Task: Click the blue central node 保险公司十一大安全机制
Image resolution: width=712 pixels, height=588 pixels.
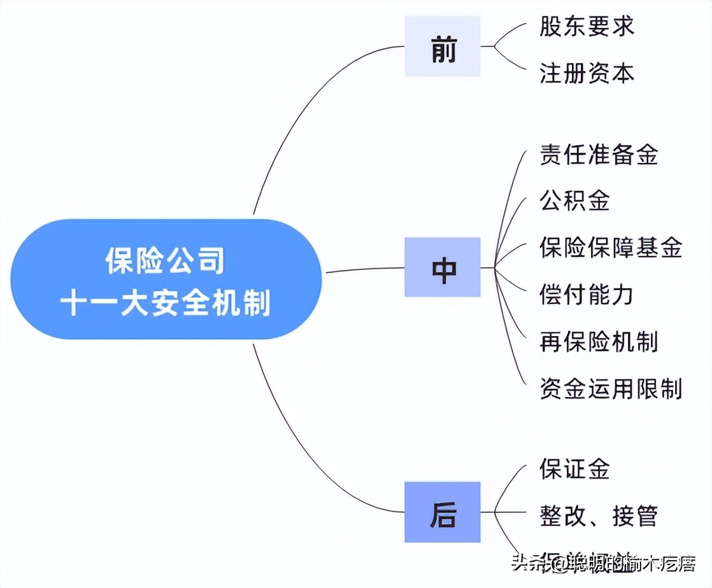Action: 166,279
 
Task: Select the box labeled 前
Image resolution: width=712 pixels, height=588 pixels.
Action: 443,46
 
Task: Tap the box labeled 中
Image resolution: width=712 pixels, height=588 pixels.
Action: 443,267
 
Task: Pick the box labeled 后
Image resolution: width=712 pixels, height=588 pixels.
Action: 443,512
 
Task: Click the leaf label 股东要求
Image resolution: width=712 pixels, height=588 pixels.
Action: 587,27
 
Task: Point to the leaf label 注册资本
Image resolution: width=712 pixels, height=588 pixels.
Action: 587,73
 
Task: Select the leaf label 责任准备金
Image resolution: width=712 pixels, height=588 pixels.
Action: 599,155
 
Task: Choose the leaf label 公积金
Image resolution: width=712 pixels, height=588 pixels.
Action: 574,200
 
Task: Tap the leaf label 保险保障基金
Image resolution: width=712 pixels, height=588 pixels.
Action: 611,247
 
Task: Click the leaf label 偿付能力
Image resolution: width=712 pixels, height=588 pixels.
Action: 587,295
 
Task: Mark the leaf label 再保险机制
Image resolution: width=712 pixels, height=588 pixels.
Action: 599,342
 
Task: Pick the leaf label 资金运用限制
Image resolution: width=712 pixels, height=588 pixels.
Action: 611,388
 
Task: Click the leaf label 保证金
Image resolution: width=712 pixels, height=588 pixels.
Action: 574,469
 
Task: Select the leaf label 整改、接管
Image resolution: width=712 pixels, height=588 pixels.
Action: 599,515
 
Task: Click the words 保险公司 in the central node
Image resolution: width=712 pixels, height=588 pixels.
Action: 166,260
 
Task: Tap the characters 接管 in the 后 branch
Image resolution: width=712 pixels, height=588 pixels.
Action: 634,515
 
